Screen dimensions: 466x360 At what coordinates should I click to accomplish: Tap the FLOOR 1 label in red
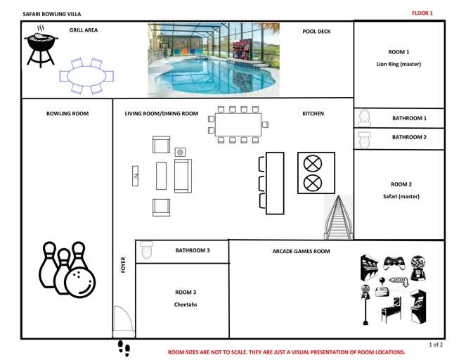422,13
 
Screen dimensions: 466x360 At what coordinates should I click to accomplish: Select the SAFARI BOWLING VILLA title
52,14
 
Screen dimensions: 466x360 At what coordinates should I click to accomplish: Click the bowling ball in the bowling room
80,281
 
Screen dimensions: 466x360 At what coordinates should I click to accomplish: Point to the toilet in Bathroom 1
365,118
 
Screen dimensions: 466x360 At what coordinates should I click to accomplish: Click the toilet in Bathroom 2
364,139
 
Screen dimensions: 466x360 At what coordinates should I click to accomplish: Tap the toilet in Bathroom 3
146,250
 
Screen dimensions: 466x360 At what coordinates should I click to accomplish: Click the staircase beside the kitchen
339,217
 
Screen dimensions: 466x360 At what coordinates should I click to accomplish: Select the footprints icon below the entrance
124,348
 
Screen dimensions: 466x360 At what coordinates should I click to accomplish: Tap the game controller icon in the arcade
394,263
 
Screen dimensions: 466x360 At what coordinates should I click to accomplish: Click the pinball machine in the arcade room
391,310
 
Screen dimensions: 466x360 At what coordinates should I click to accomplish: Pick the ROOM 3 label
186,292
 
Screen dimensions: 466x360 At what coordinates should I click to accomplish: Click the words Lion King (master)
399,64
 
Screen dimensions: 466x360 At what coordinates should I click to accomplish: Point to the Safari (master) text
401,196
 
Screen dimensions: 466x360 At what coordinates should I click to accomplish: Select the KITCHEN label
313,114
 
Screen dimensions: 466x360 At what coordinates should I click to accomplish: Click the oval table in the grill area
86,76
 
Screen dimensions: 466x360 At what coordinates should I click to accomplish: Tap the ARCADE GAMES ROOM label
301,251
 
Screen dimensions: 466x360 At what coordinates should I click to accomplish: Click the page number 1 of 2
436,345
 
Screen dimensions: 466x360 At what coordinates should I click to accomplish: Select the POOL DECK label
316,32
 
